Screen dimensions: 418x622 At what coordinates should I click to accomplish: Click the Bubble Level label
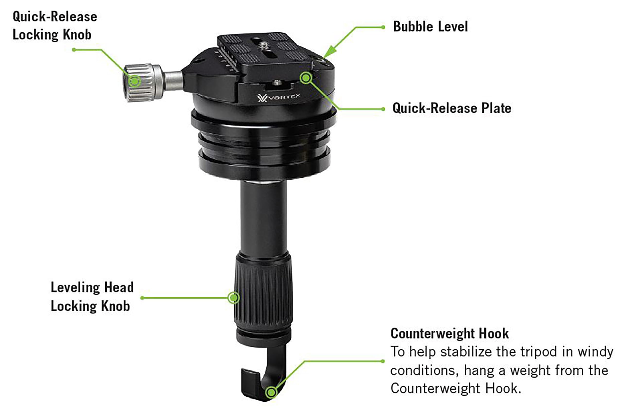click(x=430, y=27)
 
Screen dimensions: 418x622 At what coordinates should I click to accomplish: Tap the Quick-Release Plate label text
click(x=452, y=108)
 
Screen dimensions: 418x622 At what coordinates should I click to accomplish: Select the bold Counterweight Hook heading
click(x=449, y=333)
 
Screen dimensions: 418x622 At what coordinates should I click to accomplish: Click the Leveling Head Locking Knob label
click(x=92, y=296)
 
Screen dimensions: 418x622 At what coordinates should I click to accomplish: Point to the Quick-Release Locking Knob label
click(x=55, y=26)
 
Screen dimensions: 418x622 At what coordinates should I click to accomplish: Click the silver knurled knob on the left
click(x=141, y=83)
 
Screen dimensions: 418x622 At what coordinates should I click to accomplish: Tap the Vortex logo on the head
click(x=278, y=97)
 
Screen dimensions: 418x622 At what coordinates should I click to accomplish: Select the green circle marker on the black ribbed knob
click(x=233, y=298)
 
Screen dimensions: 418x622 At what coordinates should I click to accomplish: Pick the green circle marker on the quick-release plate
click(x=306, y=78)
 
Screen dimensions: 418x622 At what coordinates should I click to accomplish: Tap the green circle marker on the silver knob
click(x=135, y=80)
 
